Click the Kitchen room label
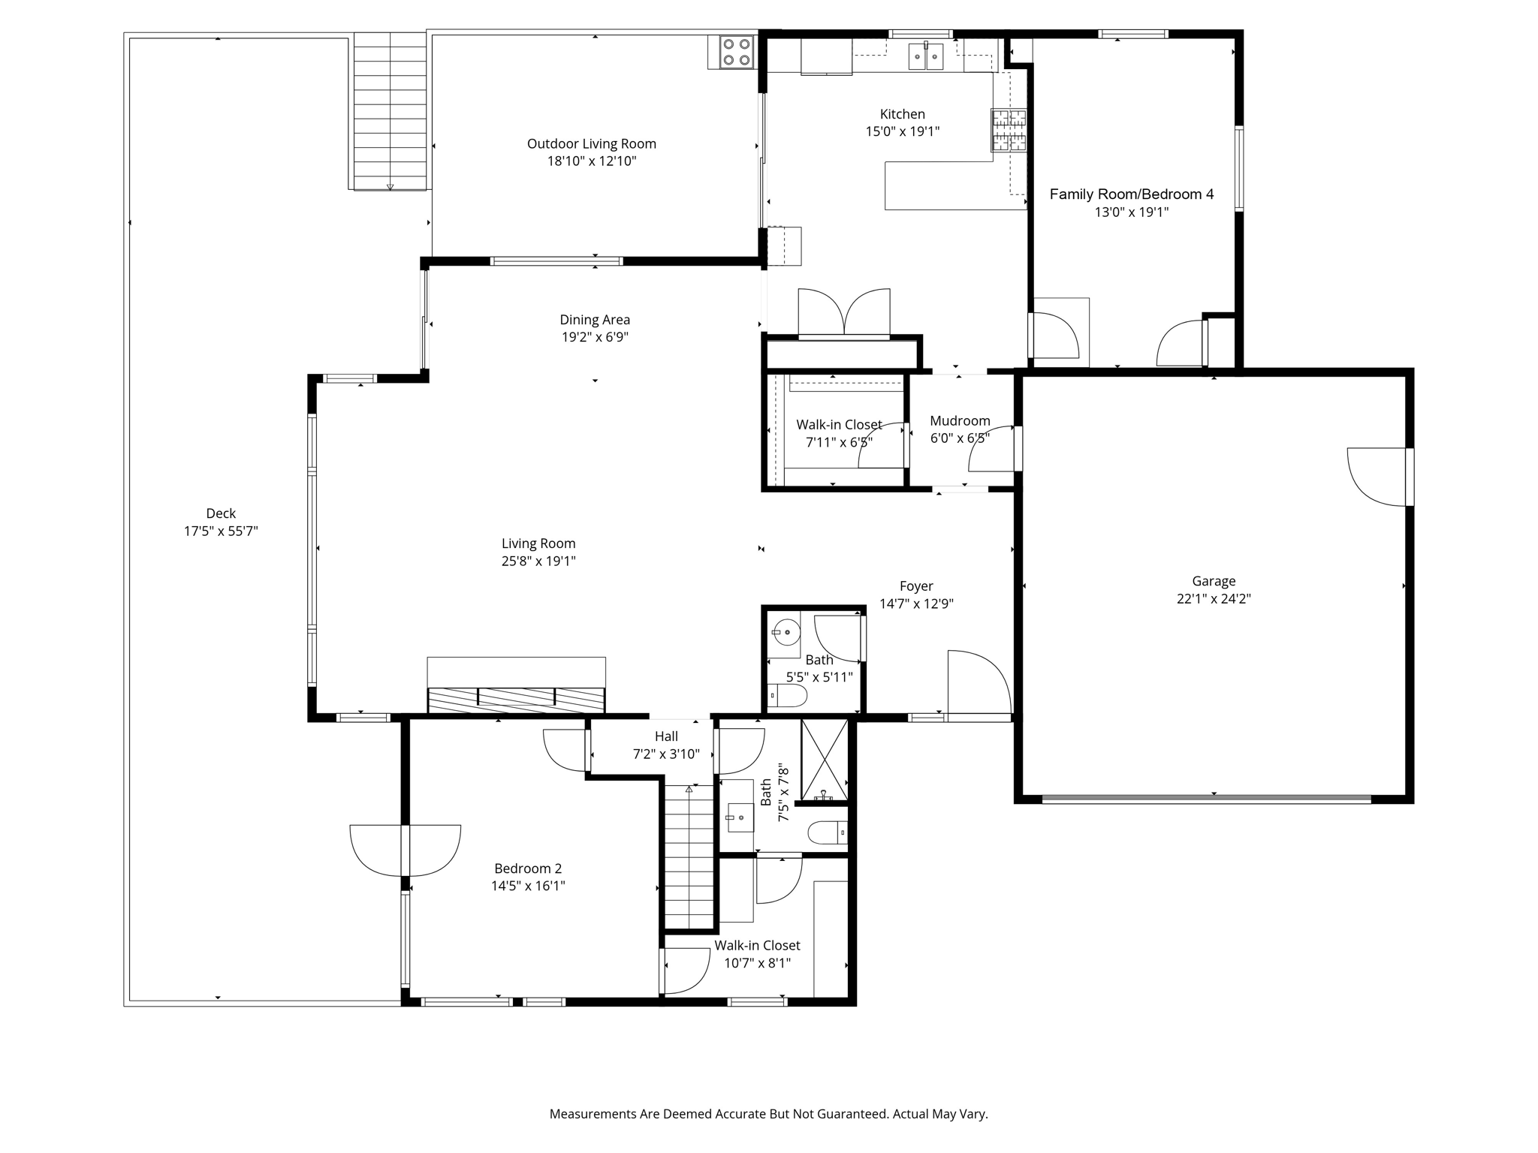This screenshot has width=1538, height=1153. (x=902, y=114)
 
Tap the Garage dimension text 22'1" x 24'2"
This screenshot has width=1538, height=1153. (x=1214, y=599)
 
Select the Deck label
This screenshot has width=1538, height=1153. (x=221, y=513)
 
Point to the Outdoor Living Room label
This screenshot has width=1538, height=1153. (x=592, y=143)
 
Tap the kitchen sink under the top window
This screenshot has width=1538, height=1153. (x=926, y=56)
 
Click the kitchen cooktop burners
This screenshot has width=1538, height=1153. (x=1009, y=131)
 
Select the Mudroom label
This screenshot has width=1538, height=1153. (x=960, y=420)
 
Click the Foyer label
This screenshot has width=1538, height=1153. (x=916, y=586)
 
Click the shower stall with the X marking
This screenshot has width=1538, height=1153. (x=825, y=760)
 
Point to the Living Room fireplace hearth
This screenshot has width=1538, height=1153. (x=516, y=700)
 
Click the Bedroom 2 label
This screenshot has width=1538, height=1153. (x=528, y=869)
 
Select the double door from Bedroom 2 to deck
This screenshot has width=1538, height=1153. (x=405, y=850)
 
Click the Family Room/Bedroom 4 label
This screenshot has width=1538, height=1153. (x=1131, y=194)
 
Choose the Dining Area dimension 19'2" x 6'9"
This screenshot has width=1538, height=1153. (x=595, y=337)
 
